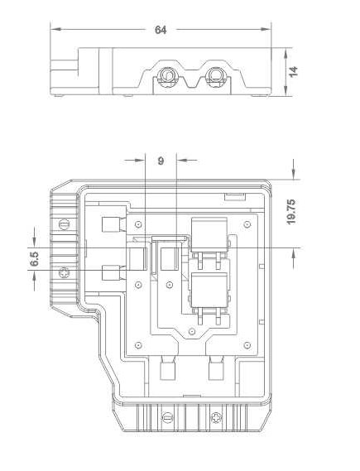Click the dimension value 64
pyautogui.click(x=161, y=30)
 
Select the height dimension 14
pyautogui.click(x=293, y=71)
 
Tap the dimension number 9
pyautogui.click(x=161, y=161)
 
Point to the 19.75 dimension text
pyautogui.click(x=291, y=211)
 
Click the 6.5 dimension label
pyautogui.click(x=34, y=258)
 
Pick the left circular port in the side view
pyautogui.click(x=166, y=75)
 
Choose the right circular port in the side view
pyautogui.click(x=217, y=74)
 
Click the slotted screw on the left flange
pyautogui.click(x=64, y=224)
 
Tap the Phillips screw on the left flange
pyautogui.click(x=64, y=272)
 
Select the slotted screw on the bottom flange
pyautogui.click(x=166, y=417)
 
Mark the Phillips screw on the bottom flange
pyautogui.click(x=216, y=417)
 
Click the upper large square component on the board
pyautogui.click(x=209, y=234)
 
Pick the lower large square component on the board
pyautogui.click(x=209, y=290)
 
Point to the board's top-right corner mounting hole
pyautogui.click(x=247, y=224)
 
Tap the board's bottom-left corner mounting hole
pyautogui.click(x=138, y=345)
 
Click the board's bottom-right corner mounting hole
pyautogui.click(x=247, y=345)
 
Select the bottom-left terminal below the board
pyautogui.click(x=167, y=368)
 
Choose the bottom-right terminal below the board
pyautogui.click(x=216, y=368)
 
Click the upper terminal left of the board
pyautogui.click(x=113, y=224)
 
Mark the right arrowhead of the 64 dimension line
pyautogui.click(x=266, y=29)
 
